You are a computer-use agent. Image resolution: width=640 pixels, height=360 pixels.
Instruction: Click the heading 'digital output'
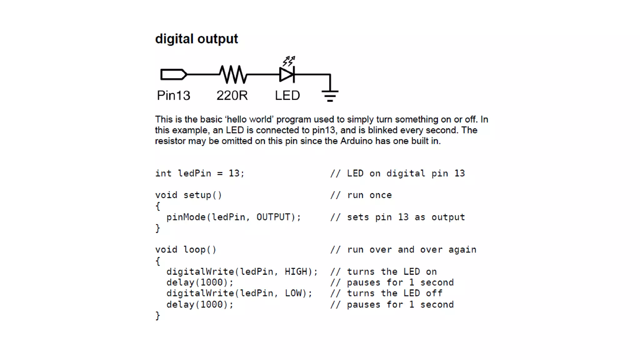click(196, 39)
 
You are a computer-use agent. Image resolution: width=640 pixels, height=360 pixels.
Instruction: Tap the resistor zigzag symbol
click(233, 74)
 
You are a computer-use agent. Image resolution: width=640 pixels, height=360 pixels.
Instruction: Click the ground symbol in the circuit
click(330, 95)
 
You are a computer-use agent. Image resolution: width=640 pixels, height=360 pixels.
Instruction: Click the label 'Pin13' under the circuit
click(173, 95)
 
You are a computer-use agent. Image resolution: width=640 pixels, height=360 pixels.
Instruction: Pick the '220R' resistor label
click(232, 95)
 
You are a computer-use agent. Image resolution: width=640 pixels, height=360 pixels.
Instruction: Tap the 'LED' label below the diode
click(287, 95)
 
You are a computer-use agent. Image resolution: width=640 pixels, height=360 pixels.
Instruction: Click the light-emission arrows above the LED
click(289, 61)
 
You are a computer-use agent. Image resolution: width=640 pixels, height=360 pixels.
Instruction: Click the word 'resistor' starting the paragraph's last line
click(170, 141)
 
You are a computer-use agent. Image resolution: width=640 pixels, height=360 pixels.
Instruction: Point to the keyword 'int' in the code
click(163, 173)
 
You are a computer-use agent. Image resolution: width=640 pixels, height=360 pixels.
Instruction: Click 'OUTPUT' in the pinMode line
click(273, 217)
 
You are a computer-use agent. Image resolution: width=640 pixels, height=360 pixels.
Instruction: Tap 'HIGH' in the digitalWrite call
click(296, 272)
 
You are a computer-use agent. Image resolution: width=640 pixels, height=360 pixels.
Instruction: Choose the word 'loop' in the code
click(194, 250)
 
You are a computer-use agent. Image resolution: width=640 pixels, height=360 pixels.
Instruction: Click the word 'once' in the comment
click(380, 195)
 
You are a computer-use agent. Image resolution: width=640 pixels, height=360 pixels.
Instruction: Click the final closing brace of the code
click(158, 316)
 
